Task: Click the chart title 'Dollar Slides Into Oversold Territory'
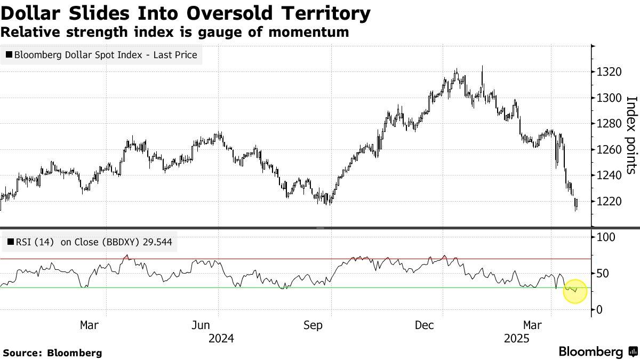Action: click(x=186, y=13)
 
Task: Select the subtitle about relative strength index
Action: click(x=174, y=32)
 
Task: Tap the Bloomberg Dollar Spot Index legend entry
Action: click(x=101, y=54)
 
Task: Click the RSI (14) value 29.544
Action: click(x=157, y=242)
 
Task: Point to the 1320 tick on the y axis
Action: click(x=609, y=71)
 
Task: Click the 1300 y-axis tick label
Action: click(x=609, y=98)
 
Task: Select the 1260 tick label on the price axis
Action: click(x=609, y=149)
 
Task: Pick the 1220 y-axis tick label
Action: click(x=609, y=202)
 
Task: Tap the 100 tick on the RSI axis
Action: click(x=606, y=237)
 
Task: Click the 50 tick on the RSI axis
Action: click(x=603, y=274)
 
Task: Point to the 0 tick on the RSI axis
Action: click(x=599, y=309)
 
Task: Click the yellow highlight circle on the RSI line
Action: click(x=575, y=291)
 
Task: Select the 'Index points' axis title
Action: click(x=631, y=135)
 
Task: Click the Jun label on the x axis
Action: click(x=201, y=325)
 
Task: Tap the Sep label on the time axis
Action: click(x=313, y=325)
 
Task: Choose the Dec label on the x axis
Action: click(x=425, y=325)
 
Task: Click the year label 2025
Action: click(x=517, y=339)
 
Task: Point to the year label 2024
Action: click(x=221, y=339)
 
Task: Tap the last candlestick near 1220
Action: click(x=577, y=204)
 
